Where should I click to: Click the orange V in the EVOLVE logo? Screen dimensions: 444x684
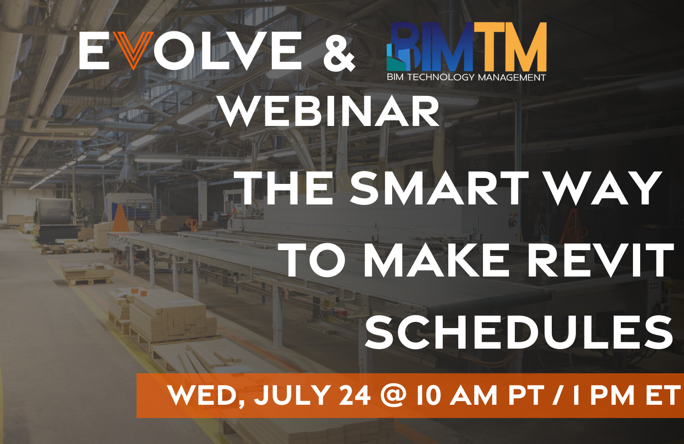[134, 50]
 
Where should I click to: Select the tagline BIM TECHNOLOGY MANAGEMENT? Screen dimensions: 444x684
[466, 77]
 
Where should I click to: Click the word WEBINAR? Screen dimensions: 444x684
[330, 112]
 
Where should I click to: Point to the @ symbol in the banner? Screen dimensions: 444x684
[393, 395]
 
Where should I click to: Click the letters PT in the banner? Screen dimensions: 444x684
[526, 395]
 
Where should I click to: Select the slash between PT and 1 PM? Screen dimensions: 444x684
[557, 395]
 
